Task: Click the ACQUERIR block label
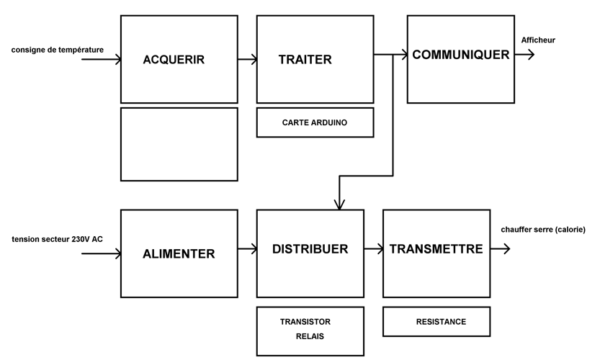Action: (174, 60)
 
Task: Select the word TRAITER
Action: (305, 60)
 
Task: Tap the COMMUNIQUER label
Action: (460, 55)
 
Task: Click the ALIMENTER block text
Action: (179, 253)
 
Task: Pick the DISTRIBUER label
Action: (310, 249)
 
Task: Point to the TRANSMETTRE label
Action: (436, 249)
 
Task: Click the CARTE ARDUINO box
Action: (315, 122)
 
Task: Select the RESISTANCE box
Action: (441, 322)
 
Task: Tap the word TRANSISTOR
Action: (305, 322)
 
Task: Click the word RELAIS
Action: (310, 336)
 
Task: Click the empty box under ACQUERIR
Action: (179, 144)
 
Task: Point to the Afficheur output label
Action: (538, 40)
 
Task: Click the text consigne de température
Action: (58, 50)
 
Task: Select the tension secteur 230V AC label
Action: (57, 239)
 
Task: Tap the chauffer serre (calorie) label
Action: (542, 230)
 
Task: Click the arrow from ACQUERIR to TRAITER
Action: (247, 60)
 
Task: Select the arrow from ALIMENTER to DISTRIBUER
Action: (247, 249)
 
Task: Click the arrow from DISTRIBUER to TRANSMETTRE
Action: (374, 249)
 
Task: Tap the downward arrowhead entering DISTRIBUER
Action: (339, 204)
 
